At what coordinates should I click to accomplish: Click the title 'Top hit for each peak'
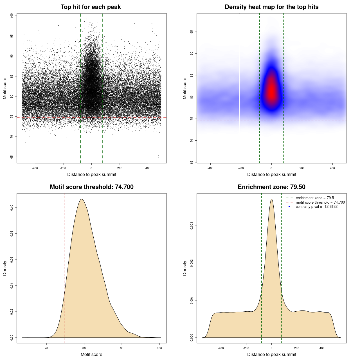coord(91,7)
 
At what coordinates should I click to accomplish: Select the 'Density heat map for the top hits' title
coord(271,7)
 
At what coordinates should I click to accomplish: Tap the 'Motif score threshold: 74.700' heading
coord(91,187)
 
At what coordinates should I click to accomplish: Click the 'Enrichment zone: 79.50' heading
coord(271,187)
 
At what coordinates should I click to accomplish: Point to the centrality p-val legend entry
coord(316,207)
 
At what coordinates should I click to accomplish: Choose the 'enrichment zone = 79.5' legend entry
coord(315,198)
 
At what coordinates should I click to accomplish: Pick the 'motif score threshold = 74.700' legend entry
coord(320,202)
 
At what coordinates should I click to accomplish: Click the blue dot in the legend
coord(289,207)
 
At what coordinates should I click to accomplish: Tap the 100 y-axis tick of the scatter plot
coord(12,16)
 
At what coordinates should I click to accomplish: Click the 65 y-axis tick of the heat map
coord(192,162)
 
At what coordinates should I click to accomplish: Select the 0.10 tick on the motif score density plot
coord(12,208)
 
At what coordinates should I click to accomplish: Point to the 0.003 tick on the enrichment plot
coord(192,226)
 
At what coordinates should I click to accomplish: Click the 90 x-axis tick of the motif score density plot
coord(122,348)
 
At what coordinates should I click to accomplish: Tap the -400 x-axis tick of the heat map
coord(210,168)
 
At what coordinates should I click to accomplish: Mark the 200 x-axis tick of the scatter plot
coord(120,168)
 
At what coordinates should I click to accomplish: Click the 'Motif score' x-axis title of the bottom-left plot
coord(91,354)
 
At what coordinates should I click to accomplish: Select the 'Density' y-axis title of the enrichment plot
coord(185,268)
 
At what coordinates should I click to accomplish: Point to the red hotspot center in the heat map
coord(271,91)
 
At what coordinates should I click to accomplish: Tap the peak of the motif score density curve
coord(82,199)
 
